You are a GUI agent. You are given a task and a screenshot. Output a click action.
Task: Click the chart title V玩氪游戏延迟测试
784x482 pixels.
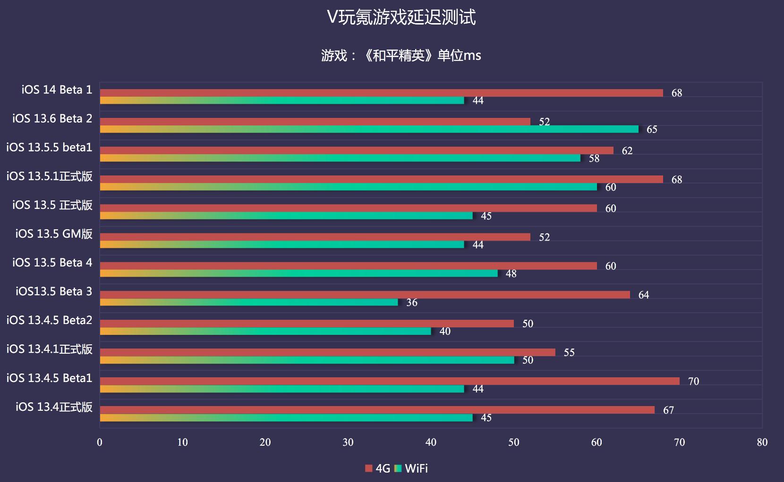pyautogui.click(x=401, y=18)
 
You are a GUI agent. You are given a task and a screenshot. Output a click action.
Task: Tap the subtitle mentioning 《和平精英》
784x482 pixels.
pyautogui.click(x=401, y=56)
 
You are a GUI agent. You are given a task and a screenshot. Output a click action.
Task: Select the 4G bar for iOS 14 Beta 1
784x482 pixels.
pyautogui.click(x=381, y=93)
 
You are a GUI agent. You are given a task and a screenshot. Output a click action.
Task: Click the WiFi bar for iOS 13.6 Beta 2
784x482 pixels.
pyautogui.click(x=369, y=129)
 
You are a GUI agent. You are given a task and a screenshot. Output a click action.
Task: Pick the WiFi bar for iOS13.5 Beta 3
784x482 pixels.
pyautogui.click(x=249, y=302)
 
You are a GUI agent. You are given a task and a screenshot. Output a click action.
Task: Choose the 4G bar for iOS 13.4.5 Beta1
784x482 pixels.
pyautogui.click(x=390, y=381)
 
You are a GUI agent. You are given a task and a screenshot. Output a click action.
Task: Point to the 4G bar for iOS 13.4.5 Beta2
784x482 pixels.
pyautogui.click(x=307, y=324)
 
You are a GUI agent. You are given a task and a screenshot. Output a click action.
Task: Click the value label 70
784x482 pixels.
pyautogui.click(x=693, y=381)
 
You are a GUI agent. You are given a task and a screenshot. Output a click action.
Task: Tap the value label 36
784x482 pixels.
pyautogui.click(x=412, y=302)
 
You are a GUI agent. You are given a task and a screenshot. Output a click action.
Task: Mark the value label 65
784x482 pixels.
pyautogui.click(x=652, y=129)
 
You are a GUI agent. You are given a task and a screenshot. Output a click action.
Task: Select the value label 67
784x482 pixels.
pyautogui.click(x=668, y=410)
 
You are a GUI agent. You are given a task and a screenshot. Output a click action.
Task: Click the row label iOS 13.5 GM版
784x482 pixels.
pyautogui.click(x=54, y=234)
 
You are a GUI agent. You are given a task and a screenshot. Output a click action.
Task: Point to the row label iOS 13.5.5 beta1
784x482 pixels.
pyautogui.click(x=49, y=148)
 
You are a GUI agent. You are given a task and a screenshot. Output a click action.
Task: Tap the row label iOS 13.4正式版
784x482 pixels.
pyautogui.click(x=54, y=407)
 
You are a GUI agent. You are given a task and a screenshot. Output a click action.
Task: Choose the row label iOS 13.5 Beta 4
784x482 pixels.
pyautogui.click(x=52, y=263)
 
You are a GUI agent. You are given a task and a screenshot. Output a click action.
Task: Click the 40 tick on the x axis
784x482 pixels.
pyautogui.click(x=431, y=442)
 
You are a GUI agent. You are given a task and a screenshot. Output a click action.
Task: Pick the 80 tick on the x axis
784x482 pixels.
pyautogui.click(x=762, y=442)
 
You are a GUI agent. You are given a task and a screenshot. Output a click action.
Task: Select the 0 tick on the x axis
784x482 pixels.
pyautogui.click(x=100, y=442)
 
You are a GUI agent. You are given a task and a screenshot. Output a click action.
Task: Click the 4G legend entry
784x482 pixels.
pyautogui.click(x=378, y=468)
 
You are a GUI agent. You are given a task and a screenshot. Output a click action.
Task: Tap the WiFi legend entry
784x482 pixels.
pyautogui.click(x=411, y=468)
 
